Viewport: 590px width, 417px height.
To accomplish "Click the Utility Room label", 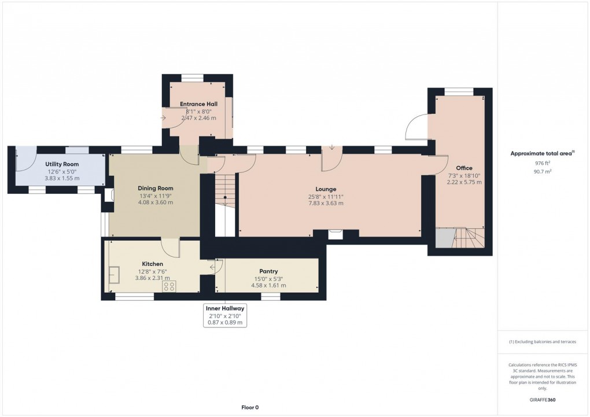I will pos(61,164).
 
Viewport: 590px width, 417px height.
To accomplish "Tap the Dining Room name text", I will pos(155,188).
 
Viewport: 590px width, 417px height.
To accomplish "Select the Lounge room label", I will pos(326,189).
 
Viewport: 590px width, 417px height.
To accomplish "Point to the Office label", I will pos(464,168).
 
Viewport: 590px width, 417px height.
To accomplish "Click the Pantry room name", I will pos(268,271).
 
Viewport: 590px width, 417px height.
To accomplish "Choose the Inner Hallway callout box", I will pos(224,315).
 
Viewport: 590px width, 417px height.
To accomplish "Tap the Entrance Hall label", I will pos(198,104).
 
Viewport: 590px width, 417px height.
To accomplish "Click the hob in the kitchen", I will pos(169,286).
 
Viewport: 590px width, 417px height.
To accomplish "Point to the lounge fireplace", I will pos(334,234).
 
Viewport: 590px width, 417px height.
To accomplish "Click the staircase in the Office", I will pos(467,238).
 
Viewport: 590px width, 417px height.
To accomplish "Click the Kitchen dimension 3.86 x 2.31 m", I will pos(152,278).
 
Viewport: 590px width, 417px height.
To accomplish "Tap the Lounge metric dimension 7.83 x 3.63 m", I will pos(326,203).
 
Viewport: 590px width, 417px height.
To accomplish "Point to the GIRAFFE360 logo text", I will pos(543,400).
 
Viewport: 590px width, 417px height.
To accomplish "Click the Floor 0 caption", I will pos(250,407).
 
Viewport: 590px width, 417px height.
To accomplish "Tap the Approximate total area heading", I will pos(541,153).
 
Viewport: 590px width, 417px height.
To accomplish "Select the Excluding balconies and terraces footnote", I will pos(542,342).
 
